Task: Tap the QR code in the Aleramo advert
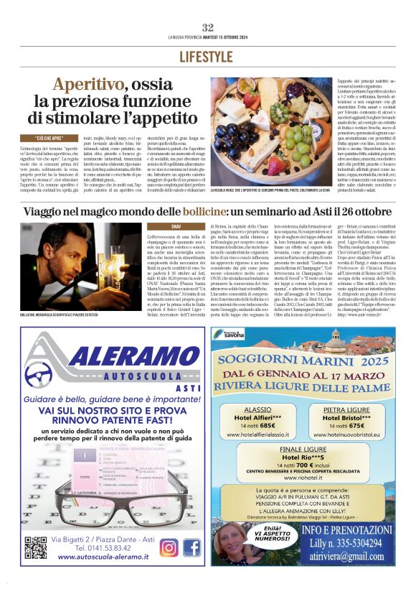(x=35, y=548)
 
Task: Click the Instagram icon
(x=168, y=547)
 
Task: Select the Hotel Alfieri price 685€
(x=263, y=426)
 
